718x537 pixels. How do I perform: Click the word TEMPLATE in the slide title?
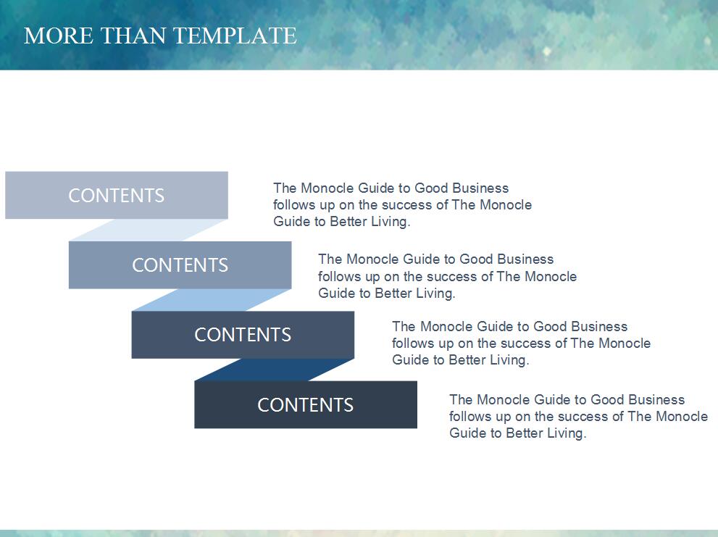coord(235,36)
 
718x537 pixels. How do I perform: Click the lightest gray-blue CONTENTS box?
coord(117,195)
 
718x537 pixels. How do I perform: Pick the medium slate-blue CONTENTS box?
coord(180,265)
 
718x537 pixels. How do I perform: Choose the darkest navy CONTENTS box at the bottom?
coord(306,404)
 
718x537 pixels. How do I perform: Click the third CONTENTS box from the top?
coord(243,335)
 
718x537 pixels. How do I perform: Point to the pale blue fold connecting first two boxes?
coord(149,230)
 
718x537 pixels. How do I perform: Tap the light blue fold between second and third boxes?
coord(212,300)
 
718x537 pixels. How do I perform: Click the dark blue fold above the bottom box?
coord(275,370)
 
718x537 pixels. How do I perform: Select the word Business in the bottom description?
coord(656,399)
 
